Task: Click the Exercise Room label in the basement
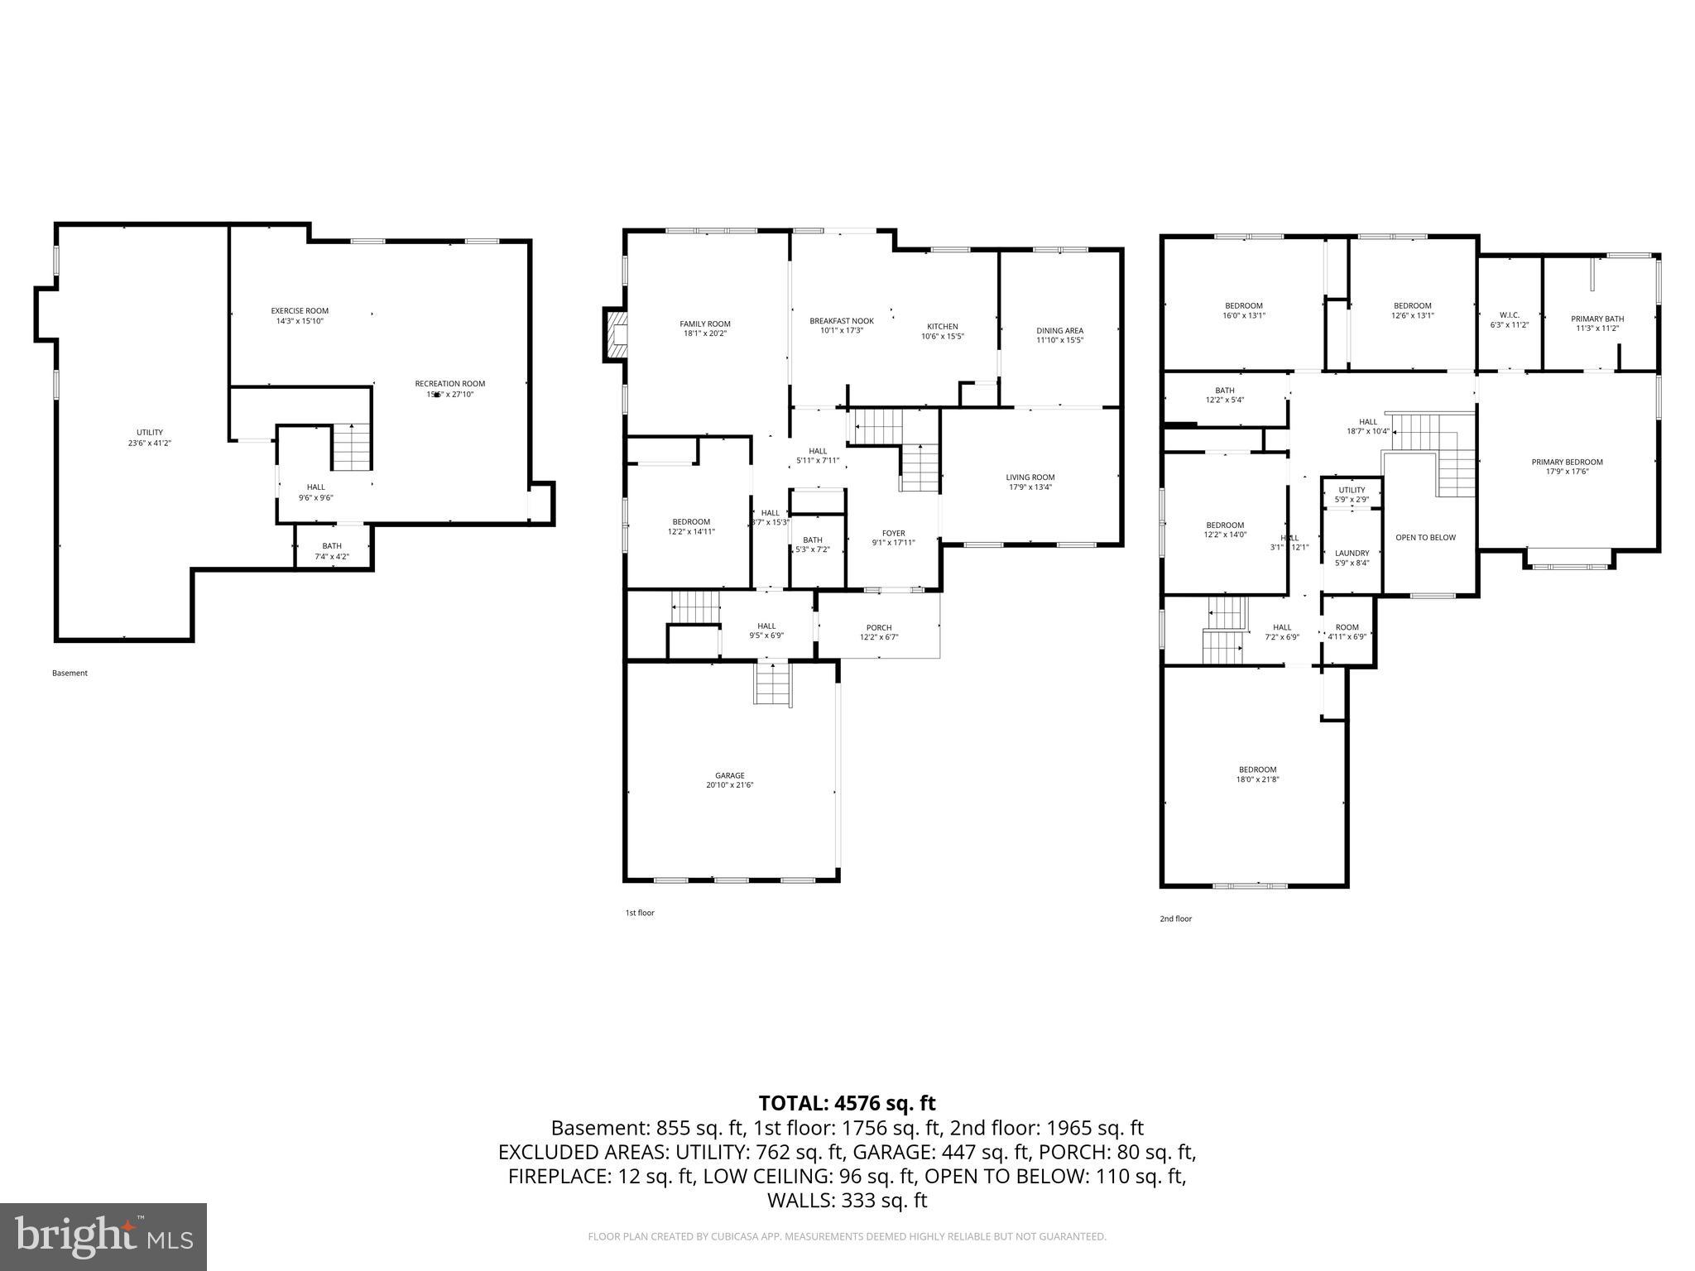[x=300, y=311]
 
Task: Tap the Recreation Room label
[x=449, y=384]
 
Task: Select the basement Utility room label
[x=150, y=433]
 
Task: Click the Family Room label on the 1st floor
[x=705, y=324]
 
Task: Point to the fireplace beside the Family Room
[x=616, y=334]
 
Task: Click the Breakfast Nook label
[x=841, y=321]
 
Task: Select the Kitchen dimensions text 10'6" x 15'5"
[x=942, y=337]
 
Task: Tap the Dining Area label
[x=1059, y=331]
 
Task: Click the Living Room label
[x=1030, y=477]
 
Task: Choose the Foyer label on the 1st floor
[x=893, y=534]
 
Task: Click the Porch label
[x=878, y=628]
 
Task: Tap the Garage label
[x=730, y=775]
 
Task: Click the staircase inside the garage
[x=772, y=684]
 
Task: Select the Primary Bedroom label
[x=1567, y=463]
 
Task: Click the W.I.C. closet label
[x=1509, y=315]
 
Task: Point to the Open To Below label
[x=1425, y=538]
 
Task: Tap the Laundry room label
[x=1352, y=554]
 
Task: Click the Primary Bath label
[x=1597, y=319]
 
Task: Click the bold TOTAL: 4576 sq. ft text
[x=847, y=1103]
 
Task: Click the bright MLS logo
[x=103, y=1236]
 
